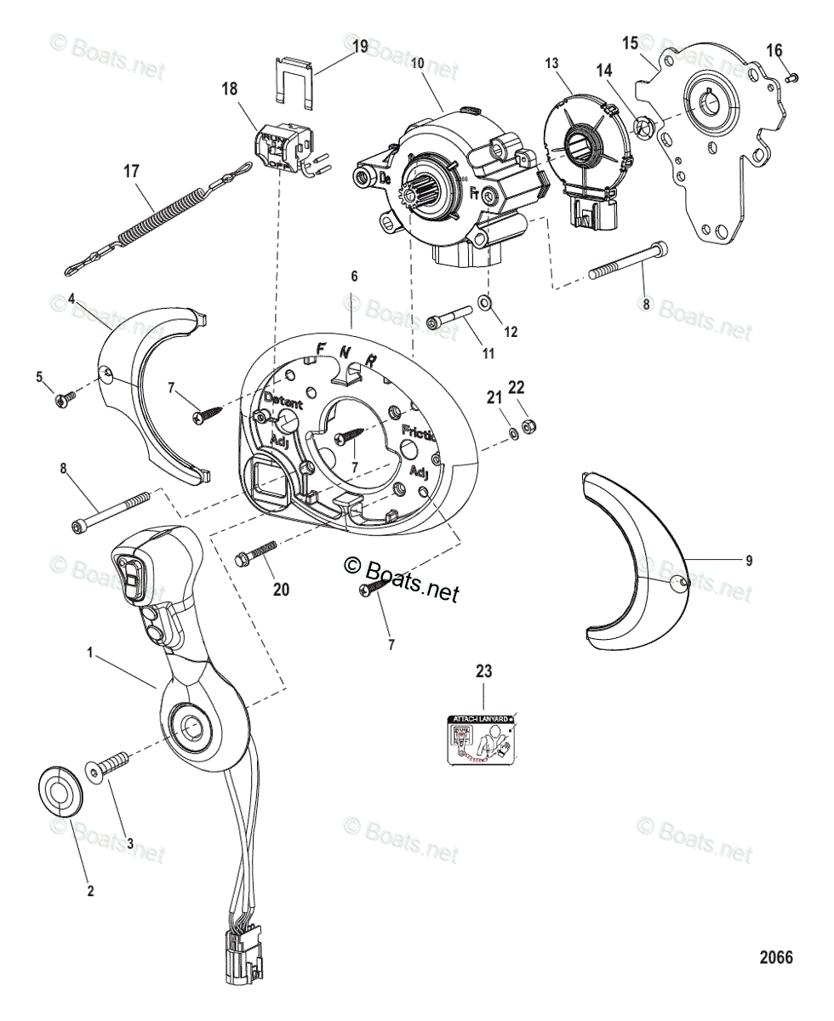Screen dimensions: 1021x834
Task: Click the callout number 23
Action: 483,671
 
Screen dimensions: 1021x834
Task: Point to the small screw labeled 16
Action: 791,77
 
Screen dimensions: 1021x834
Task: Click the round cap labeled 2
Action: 61,790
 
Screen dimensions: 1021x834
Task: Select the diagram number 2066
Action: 775,958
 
